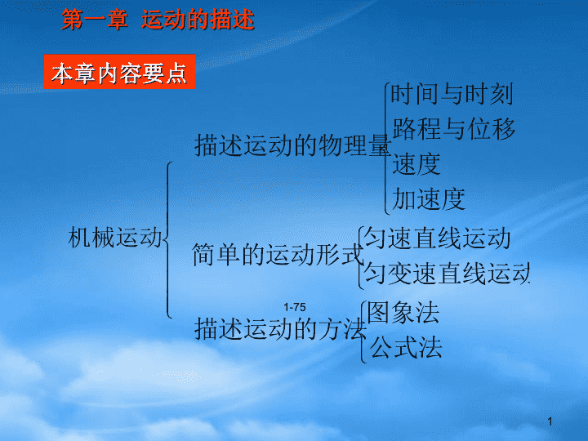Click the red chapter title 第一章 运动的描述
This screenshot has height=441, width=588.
tap(158, 20)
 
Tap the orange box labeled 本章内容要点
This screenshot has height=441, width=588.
tap(119, 72)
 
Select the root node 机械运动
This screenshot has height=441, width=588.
tap(115, 238)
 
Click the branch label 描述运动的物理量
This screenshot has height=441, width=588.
tap(293, 145)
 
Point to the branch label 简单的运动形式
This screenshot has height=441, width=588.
tap(278, 255)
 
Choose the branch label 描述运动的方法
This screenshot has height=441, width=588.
tap(280, 329)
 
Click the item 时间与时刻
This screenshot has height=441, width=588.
tap(452, 94)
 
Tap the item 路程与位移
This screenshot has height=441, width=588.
tap(454, 129)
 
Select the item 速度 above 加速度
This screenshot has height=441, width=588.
tap(416, 164)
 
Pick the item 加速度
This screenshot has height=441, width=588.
tap(429, 199)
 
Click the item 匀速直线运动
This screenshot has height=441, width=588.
tap(437, 238)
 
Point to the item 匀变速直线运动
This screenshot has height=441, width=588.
tap(447, 273)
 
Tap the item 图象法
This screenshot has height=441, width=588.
tap(403, 312)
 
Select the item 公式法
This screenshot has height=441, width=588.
tap(406, 347)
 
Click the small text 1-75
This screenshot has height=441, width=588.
tap(295, 307)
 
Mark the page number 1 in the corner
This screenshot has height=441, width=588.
tap(550, 421)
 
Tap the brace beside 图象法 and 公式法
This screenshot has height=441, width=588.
tap(362, 332)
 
